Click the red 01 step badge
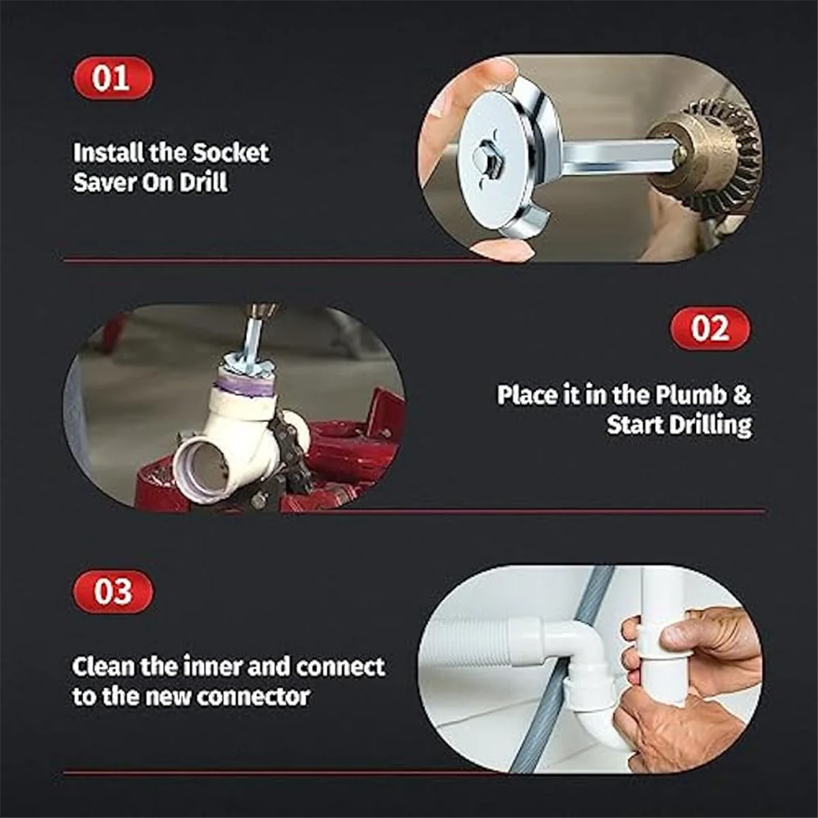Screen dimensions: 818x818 pyautogui.click(x=113, y=78)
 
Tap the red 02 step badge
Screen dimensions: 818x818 pyautogui.click(x=710, y=329)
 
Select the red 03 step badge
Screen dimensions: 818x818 pyautogui.click(x=113, y=591)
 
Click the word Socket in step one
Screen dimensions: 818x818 pyautogui.click(x=230, y=153)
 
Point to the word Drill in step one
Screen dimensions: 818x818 pyautogui.click(x=203, y=183)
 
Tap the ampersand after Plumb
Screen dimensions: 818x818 pyautogui.click(x=742, y=395)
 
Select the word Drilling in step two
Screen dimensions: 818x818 pyautogui.click(x=710, y=425)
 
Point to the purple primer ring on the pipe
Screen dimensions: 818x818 pyautogui.click(x=243, y=388)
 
